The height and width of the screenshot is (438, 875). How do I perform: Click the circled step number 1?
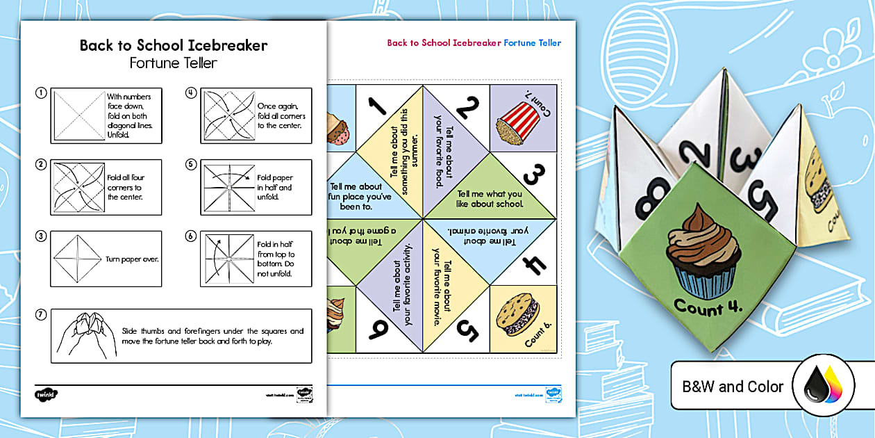(42, 92)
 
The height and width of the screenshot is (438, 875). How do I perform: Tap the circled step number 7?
(42, 315)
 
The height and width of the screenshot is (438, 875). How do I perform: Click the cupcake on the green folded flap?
(703, 257)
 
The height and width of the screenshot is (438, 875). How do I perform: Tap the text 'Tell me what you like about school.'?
(490, 199)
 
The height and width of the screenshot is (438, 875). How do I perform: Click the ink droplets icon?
(824, 387)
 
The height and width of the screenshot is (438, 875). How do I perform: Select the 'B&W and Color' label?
(732, 387)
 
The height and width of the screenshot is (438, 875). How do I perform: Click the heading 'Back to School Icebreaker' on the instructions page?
(173, 46)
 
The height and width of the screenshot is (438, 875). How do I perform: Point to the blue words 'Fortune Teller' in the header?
(532, 43)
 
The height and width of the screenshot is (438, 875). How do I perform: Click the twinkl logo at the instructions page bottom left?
(46, 394)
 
